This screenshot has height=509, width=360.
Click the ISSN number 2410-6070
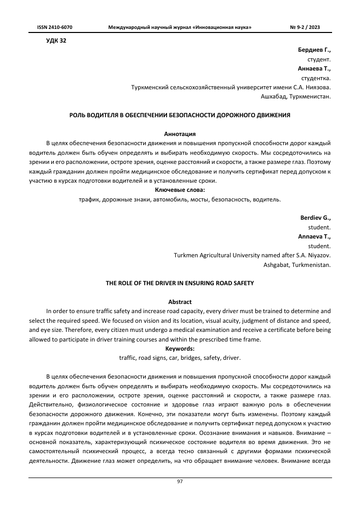(54, 26)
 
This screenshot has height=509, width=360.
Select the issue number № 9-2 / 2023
(305, 26)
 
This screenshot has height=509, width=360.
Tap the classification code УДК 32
(56, 41)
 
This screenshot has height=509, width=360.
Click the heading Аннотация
(180, 134)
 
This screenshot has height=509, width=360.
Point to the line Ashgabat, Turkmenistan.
(298, 264)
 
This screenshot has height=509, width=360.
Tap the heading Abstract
(180, 301)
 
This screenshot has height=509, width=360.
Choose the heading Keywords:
(180, 348)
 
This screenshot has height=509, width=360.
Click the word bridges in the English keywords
(186, 357)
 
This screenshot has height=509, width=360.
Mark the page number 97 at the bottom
(180, 482)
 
